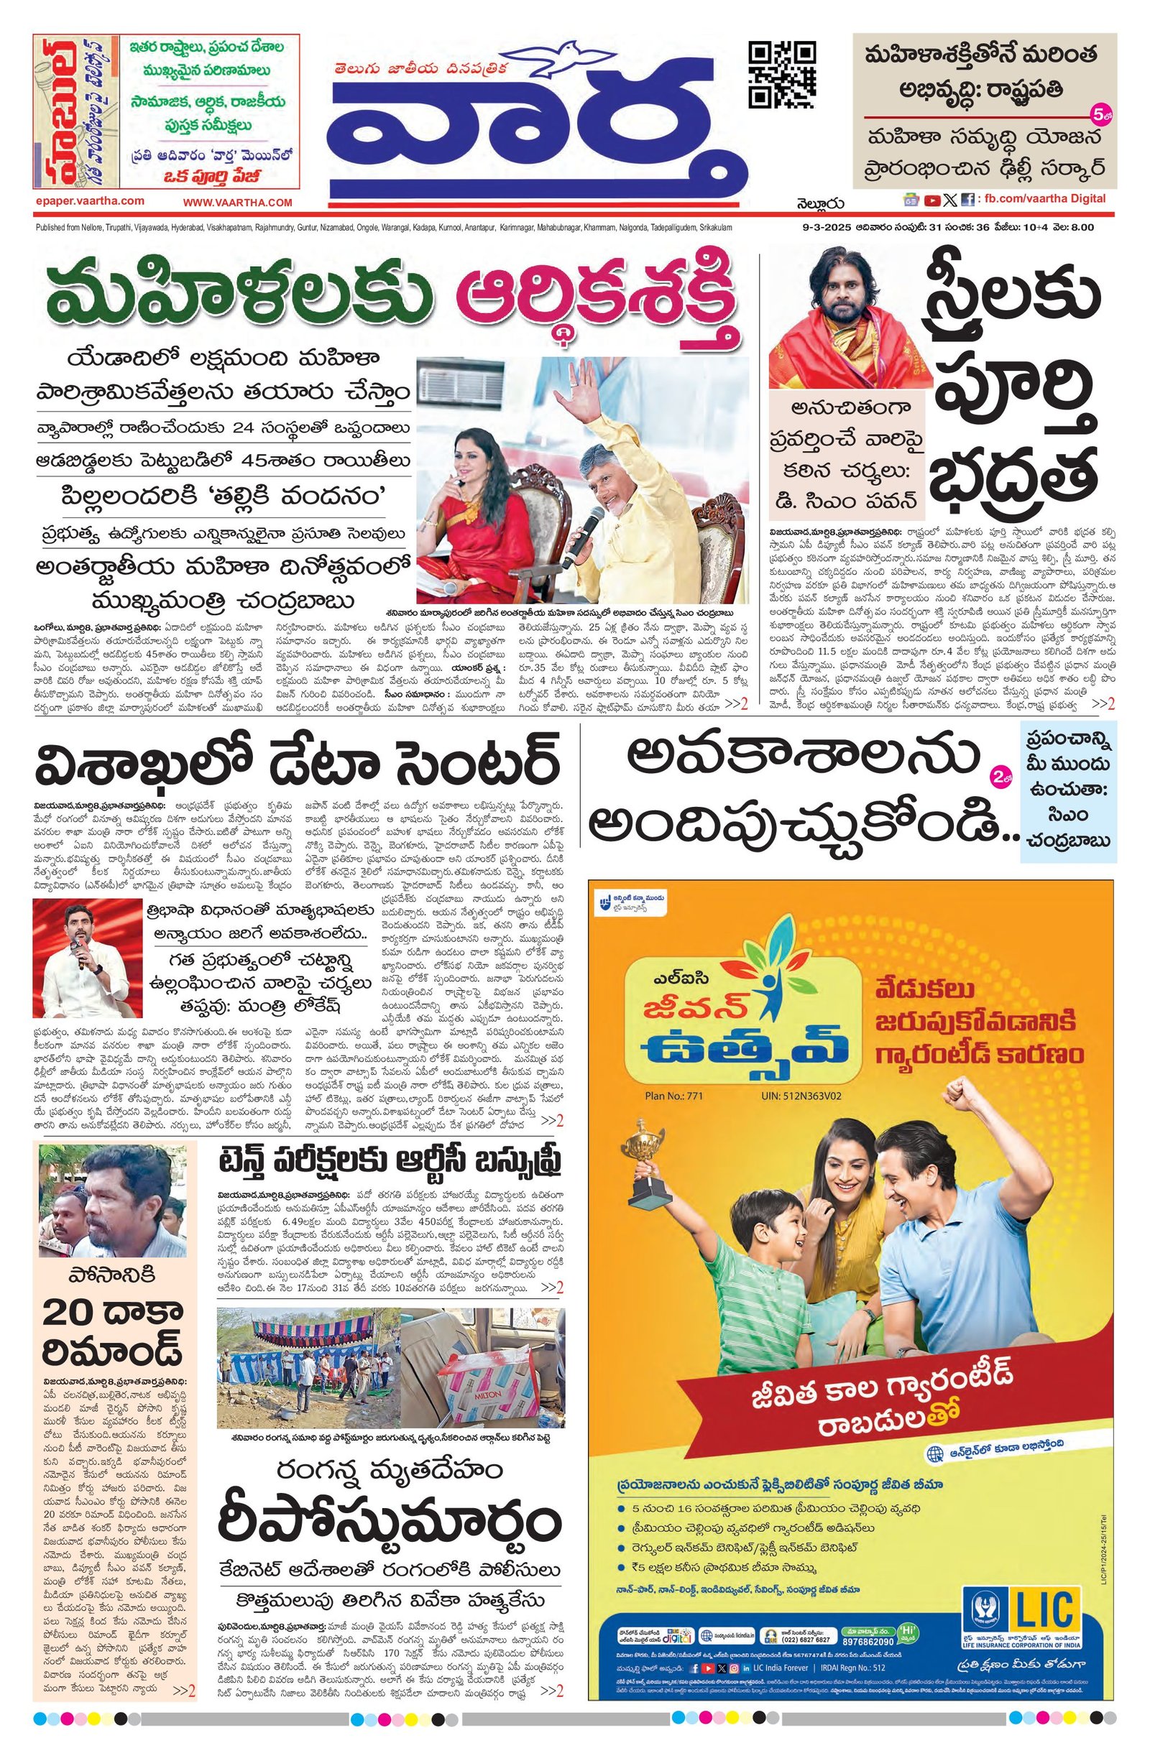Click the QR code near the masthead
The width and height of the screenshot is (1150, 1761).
(x=783, y=75)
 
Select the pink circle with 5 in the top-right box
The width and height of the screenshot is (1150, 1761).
(x=1098, y=114)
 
